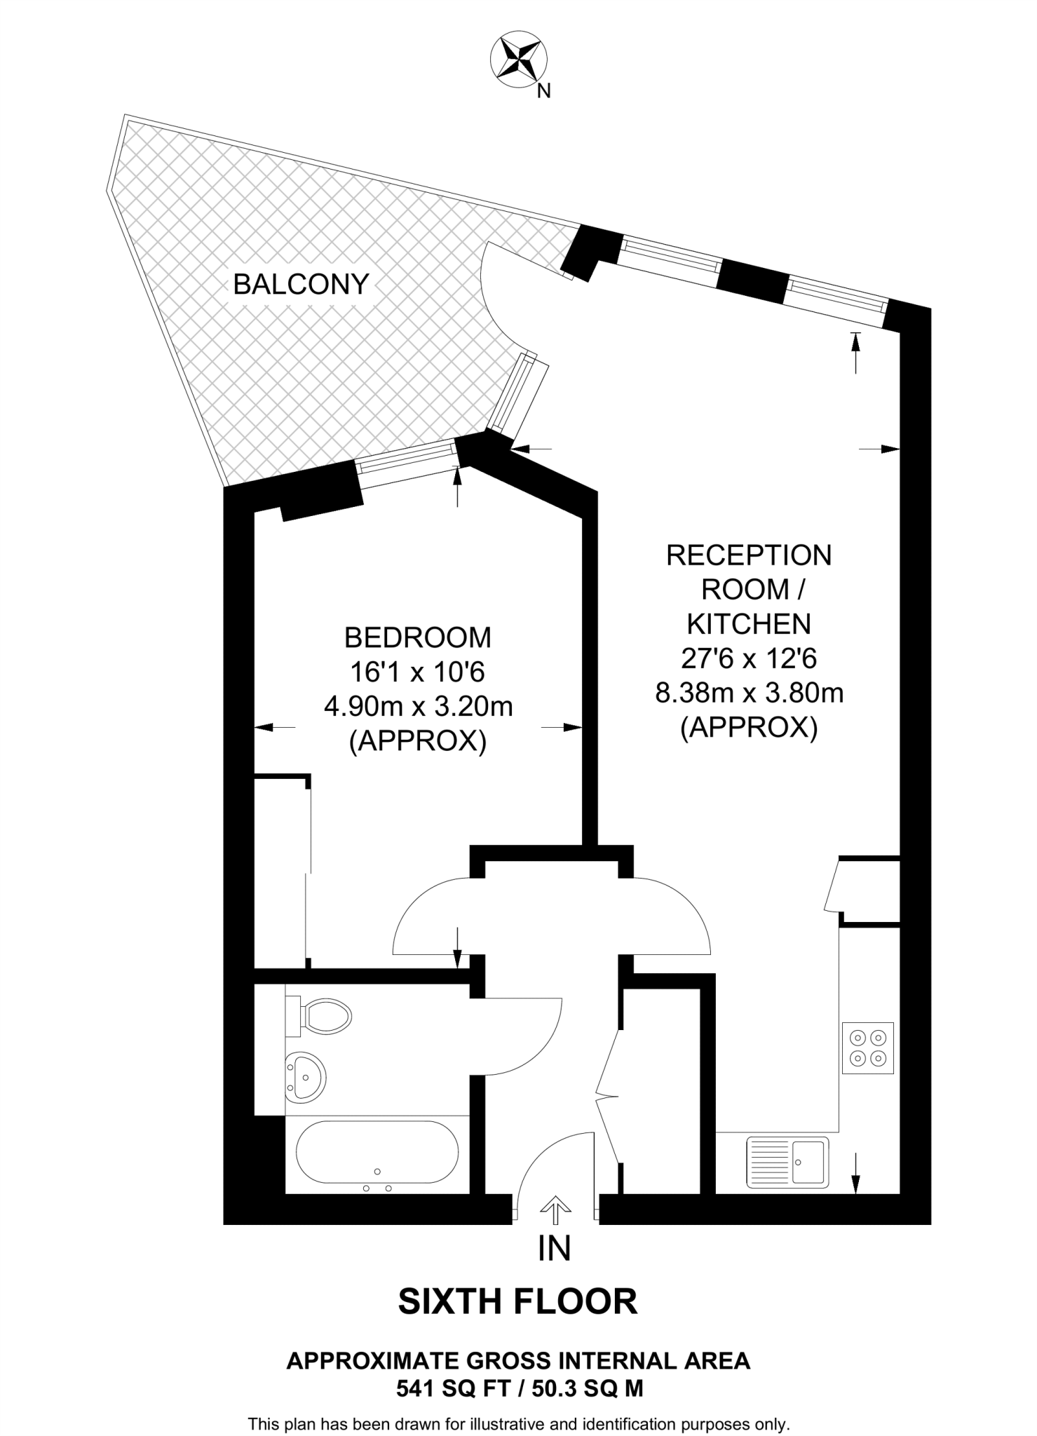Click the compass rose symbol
coord(518,60)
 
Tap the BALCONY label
coord(301,284)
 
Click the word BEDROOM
coord(418,637)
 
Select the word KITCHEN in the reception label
coord(748,623)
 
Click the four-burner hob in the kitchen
coord(867,1048)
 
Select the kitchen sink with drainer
coord(787,1161)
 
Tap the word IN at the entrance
coord(554,1248)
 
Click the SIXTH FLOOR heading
coord(517,1301)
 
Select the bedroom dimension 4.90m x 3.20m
coord(418,706)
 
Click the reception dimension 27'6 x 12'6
coord(749,658)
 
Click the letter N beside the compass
coord(543,91)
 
